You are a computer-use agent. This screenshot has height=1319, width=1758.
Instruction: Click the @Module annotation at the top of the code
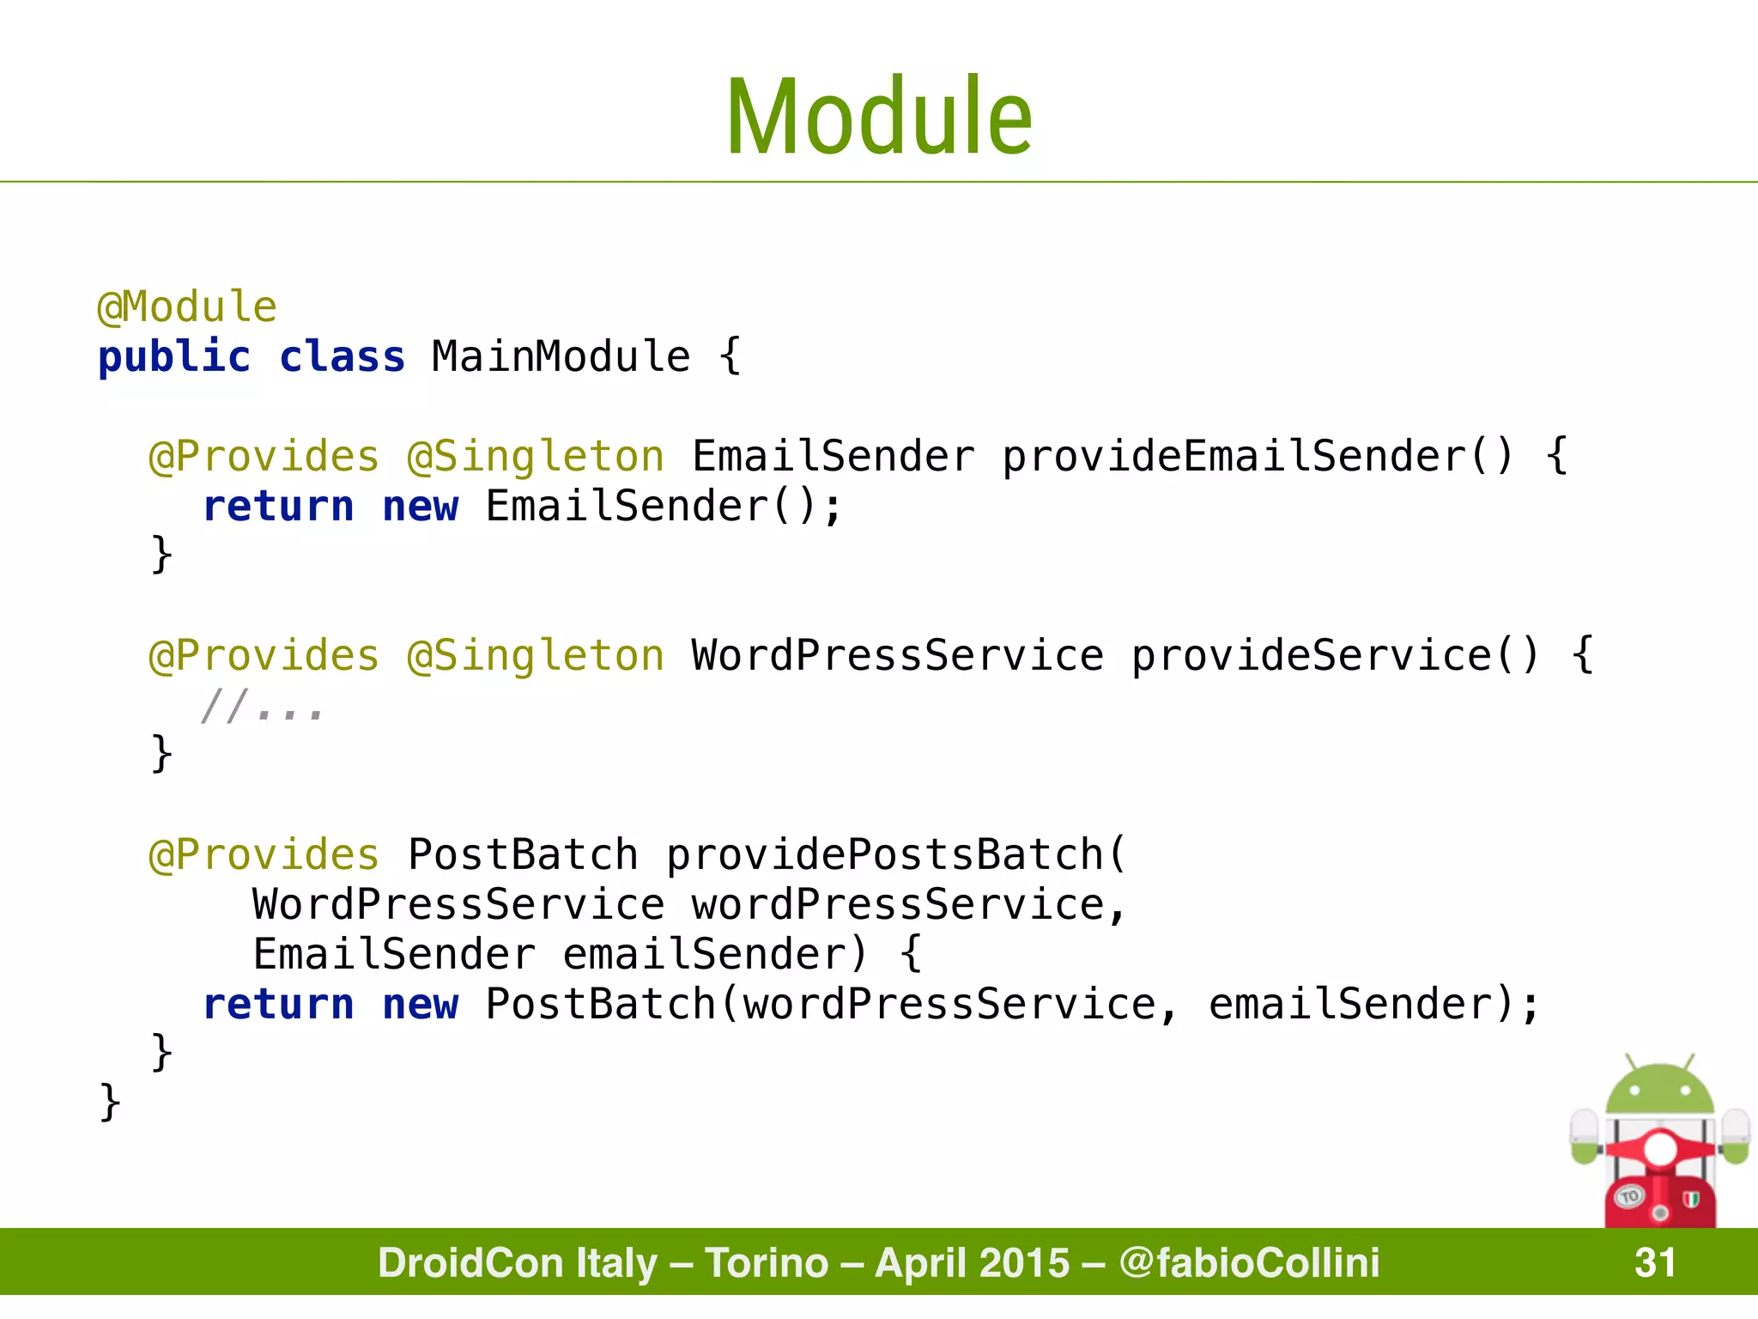(187, 307)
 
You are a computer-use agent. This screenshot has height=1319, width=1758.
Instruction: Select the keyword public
(174, 357)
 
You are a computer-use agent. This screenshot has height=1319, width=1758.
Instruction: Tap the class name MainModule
(561, 357)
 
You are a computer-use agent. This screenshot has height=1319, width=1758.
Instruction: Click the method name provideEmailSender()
(1258, 457)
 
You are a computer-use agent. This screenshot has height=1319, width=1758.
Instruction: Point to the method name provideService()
(1336, 657)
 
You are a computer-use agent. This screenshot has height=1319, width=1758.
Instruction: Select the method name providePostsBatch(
(896, 855)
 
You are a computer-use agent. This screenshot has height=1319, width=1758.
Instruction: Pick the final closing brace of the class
(110, 1102)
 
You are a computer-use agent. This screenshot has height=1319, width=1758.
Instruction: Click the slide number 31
(1655, 1262)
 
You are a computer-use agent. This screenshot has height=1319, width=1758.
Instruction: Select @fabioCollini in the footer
(1249, 1262)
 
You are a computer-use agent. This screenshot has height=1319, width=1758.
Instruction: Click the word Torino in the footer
(767, 1262)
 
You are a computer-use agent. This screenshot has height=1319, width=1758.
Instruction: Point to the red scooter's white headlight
(1659, 1149)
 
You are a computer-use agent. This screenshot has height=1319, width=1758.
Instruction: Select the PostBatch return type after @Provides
(523, 855)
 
